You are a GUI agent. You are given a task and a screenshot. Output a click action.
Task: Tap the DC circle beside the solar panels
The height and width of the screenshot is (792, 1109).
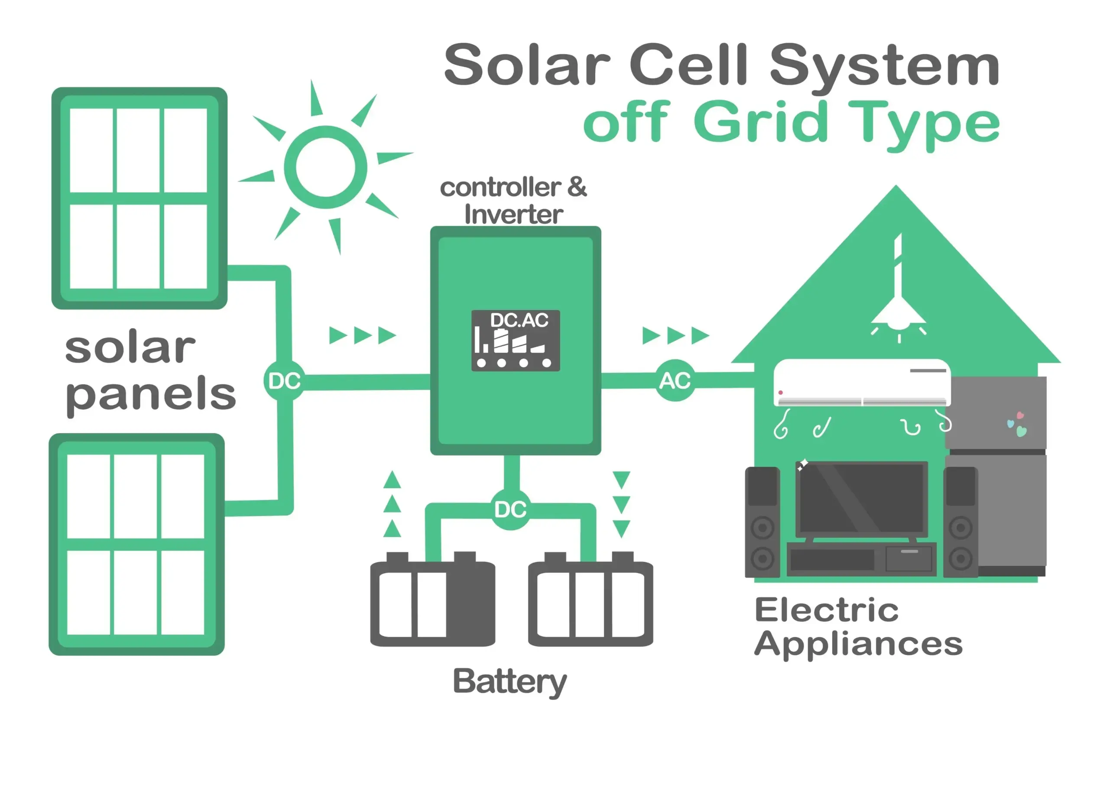(284, 381)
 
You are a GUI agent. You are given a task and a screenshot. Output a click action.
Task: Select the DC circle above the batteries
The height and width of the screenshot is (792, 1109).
(510, 510)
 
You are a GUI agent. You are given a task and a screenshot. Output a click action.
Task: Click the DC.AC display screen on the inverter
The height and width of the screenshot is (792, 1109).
(515, 341)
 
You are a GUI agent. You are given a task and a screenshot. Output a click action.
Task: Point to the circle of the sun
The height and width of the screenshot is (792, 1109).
(325, 167)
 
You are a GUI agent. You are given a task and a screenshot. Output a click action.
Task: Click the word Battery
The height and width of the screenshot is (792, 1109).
(509, 682)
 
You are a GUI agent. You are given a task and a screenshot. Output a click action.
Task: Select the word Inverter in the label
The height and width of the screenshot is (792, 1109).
(513, 215)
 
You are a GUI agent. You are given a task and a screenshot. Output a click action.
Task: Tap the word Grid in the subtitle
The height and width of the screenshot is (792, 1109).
(760, 122)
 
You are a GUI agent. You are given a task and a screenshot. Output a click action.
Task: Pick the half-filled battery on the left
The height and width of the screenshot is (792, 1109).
(432, 602)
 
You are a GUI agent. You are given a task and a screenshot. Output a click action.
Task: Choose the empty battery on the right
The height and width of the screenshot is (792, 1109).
(590, 602)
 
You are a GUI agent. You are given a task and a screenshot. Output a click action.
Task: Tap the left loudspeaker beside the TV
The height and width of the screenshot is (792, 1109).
(762, 522)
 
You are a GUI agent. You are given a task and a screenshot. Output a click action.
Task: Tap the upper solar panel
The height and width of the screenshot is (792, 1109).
(139, 198)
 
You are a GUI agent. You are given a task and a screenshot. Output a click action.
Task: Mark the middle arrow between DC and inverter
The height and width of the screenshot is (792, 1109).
(362, 335)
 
